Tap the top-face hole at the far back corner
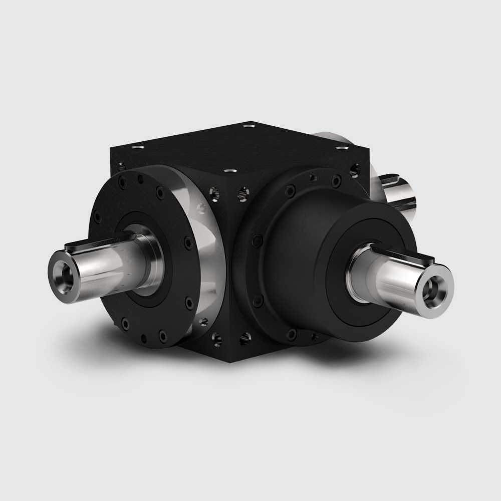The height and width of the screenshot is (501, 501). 249,127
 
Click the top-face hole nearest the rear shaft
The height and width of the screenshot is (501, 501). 342,148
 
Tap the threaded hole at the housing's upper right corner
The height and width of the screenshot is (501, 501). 355,169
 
